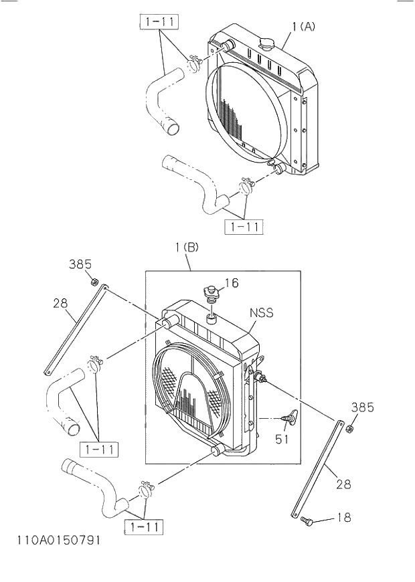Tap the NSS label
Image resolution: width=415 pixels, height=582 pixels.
click(262, 312)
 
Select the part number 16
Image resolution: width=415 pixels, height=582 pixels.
click(231, 283)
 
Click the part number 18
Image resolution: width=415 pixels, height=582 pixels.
click(343, 518)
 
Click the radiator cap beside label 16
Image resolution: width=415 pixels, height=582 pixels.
click(212, 293)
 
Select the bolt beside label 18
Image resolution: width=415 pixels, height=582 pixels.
click(308, 520)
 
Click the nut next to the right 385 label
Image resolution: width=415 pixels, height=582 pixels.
click(350, 427)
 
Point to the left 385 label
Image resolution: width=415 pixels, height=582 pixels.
click(80, 264)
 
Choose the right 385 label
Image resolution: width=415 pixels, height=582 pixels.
click(362, 407)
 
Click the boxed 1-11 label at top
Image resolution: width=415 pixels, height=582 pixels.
click(159, 23)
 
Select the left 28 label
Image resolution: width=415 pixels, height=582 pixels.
click(60, 304)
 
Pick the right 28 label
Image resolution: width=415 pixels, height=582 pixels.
click(343, 484)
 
